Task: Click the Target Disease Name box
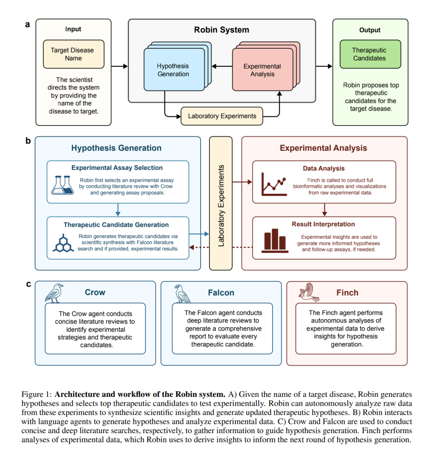pos(73,54)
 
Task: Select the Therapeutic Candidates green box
pos(370,54)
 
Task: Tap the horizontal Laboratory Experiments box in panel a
pos(222,116)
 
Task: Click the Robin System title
pos(222,30)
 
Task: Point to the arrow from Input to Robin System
pos(119,66)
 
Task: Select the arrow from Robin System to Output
pos(324,66)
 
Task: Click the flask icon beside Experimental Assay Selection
pos(63,185)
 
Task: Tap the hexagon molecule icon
pos(63,243)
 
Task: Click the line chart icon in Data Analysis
pos(274,184)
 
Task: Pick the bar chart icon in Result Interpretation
pos(275,241)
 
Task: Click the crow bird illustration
pos(54,293)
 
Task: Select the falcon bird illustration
pos(182,294)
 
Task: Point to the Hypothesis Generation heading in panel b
pos(116,148)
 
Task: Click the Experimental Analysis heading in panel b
pos(323,148)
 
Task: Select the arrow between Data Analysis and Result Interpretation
pos(325,210)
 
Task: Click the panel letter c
pos(28,284)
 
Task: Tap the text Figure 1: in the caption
pos(37,394)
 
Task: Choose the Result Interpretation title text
pos(323,224)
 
